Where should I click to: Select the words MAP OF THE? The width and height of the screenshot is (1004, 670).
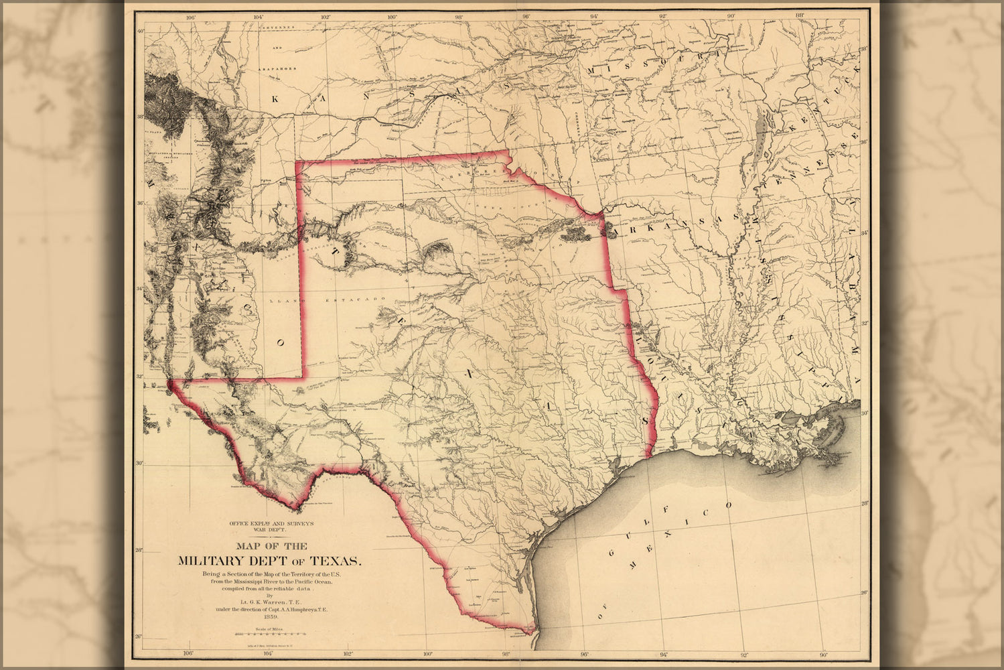coord(268,546)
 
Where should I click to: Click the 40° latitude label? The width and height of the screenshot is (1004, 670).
coord(140,30)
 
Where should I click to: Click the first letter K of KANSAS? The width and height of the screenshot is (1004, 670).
coord(274,98)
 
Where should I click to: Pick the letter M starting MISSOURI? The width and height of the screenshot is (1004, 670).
coord(591,70)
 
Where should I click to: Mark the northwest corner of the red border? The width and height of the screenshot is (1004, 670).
coord(297,163)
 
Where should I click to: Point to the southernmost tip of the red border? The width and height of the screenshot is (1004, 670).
coord(534,632)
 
